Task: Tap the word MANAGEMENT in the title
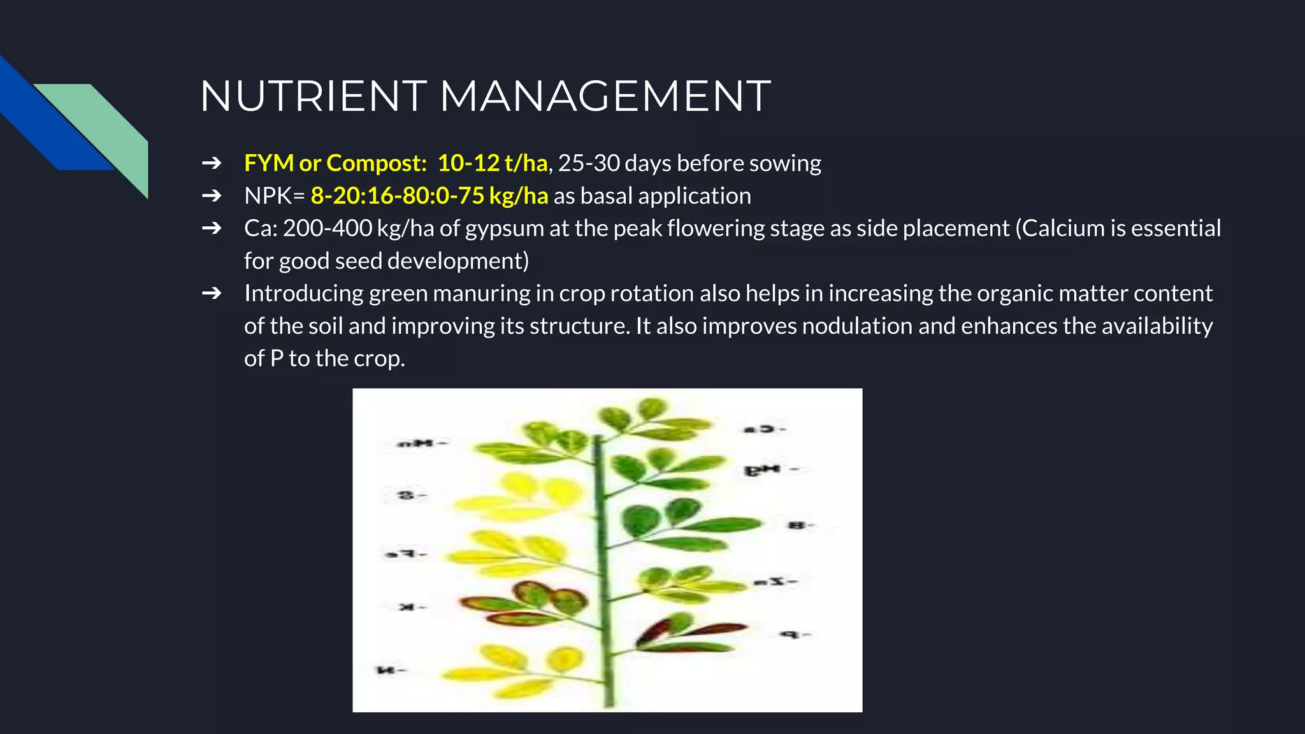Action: point(605,97)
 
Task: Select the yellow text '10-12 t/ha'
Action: point(492,164)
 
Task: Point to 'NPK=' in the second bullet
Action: point(275,196)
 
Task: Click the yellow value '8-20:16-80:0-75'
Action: point(397,196)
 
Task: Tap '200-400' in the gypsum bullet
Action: point(327,229)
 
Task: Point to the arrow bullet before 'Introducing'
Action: point(212,293)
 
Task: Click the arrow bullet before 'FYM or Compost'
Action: point(212,164)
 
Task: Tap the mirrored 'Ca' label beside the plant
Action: point(764,429)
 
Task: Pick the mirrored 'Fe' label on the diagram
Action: point(406,554)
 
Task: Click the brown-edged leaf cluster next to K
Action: point(529,602)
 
